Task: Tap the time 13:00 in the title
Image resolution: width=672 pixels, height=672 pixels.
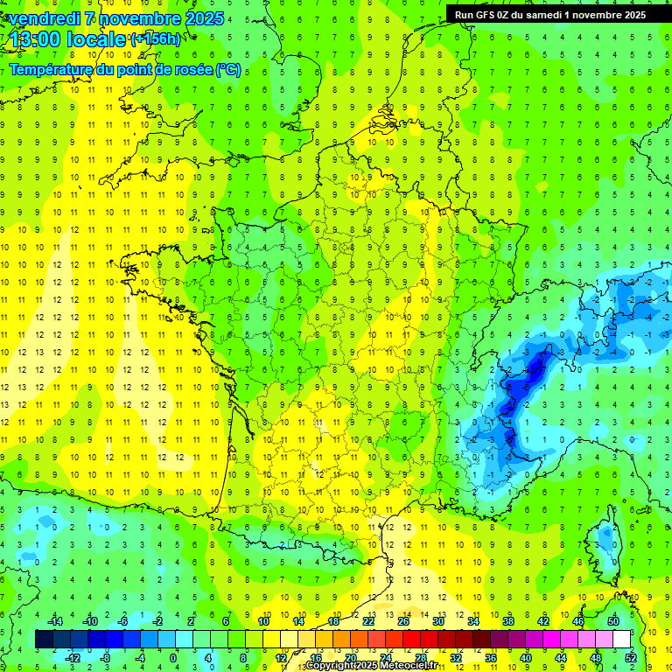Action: pos(38,39)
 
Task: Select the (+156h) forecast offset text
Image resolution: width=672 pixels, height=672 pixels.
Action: pos(155,39)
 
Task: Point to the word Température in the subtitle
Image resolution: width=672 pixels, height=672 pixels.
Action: pos(52,70)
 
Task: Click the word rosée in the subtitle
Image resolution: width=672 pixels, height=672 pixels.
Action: pos(191,70)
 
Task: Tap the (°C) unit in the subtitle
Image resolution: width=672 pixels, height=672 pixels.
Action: pos(228,70)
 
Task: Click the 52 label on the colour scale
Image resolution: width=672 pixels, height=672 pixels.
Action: pos(631,658)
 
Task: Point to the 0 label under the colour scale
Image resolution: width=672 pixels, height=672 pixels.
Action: pos(173,658)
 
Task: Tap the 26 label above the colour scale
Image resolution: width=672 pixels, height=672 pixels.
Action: pos(403,621)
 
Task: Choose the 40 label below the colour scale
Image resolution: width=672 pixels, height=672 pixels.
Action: pos(526,658)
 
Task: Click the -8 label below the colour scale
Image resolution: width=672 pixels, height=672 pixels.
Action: pos(105,658)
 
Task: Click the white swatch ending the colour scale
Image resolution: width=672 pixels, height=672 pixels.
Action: pos(622,640)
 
